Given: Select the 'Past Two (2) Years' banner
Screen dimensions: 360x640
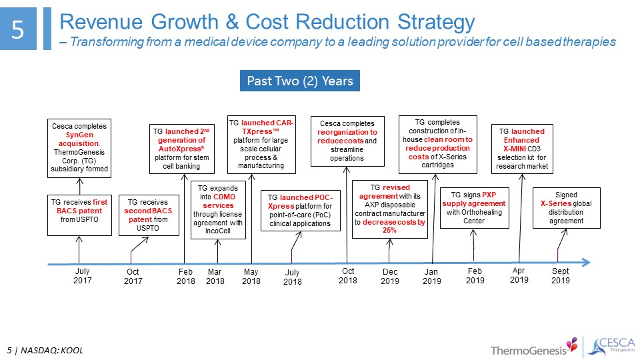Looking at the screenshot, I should (x=299, y=81).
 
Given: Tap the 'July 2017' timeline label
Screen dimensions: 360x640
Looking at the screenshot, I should (x=82, y=275).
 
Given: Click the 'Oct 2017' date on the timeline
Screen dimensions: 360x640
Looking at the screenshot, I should (x=133, y=276).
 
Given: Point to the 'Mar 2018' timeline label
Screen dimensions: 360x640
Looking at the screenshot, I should (x=215, y=276).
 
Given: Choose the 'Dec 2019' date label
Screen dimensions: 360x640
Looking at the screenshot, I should (x=390, y=276).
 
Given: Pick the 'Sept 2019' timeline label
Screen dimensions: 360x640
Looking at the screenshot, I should (x=561, y=276).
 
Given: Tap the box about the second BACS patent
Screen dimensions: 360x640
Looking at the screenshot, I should (x=149, y=214).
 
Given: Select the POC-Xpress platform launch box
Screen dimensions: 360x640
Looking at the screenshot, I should (x=295, y=210).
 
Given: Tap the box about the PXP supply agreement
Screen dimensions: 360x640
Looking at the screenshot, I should (x=474, y=207).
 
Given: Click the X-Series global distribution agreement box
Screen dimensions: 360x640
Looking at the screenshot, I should (x=566, y=207).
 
